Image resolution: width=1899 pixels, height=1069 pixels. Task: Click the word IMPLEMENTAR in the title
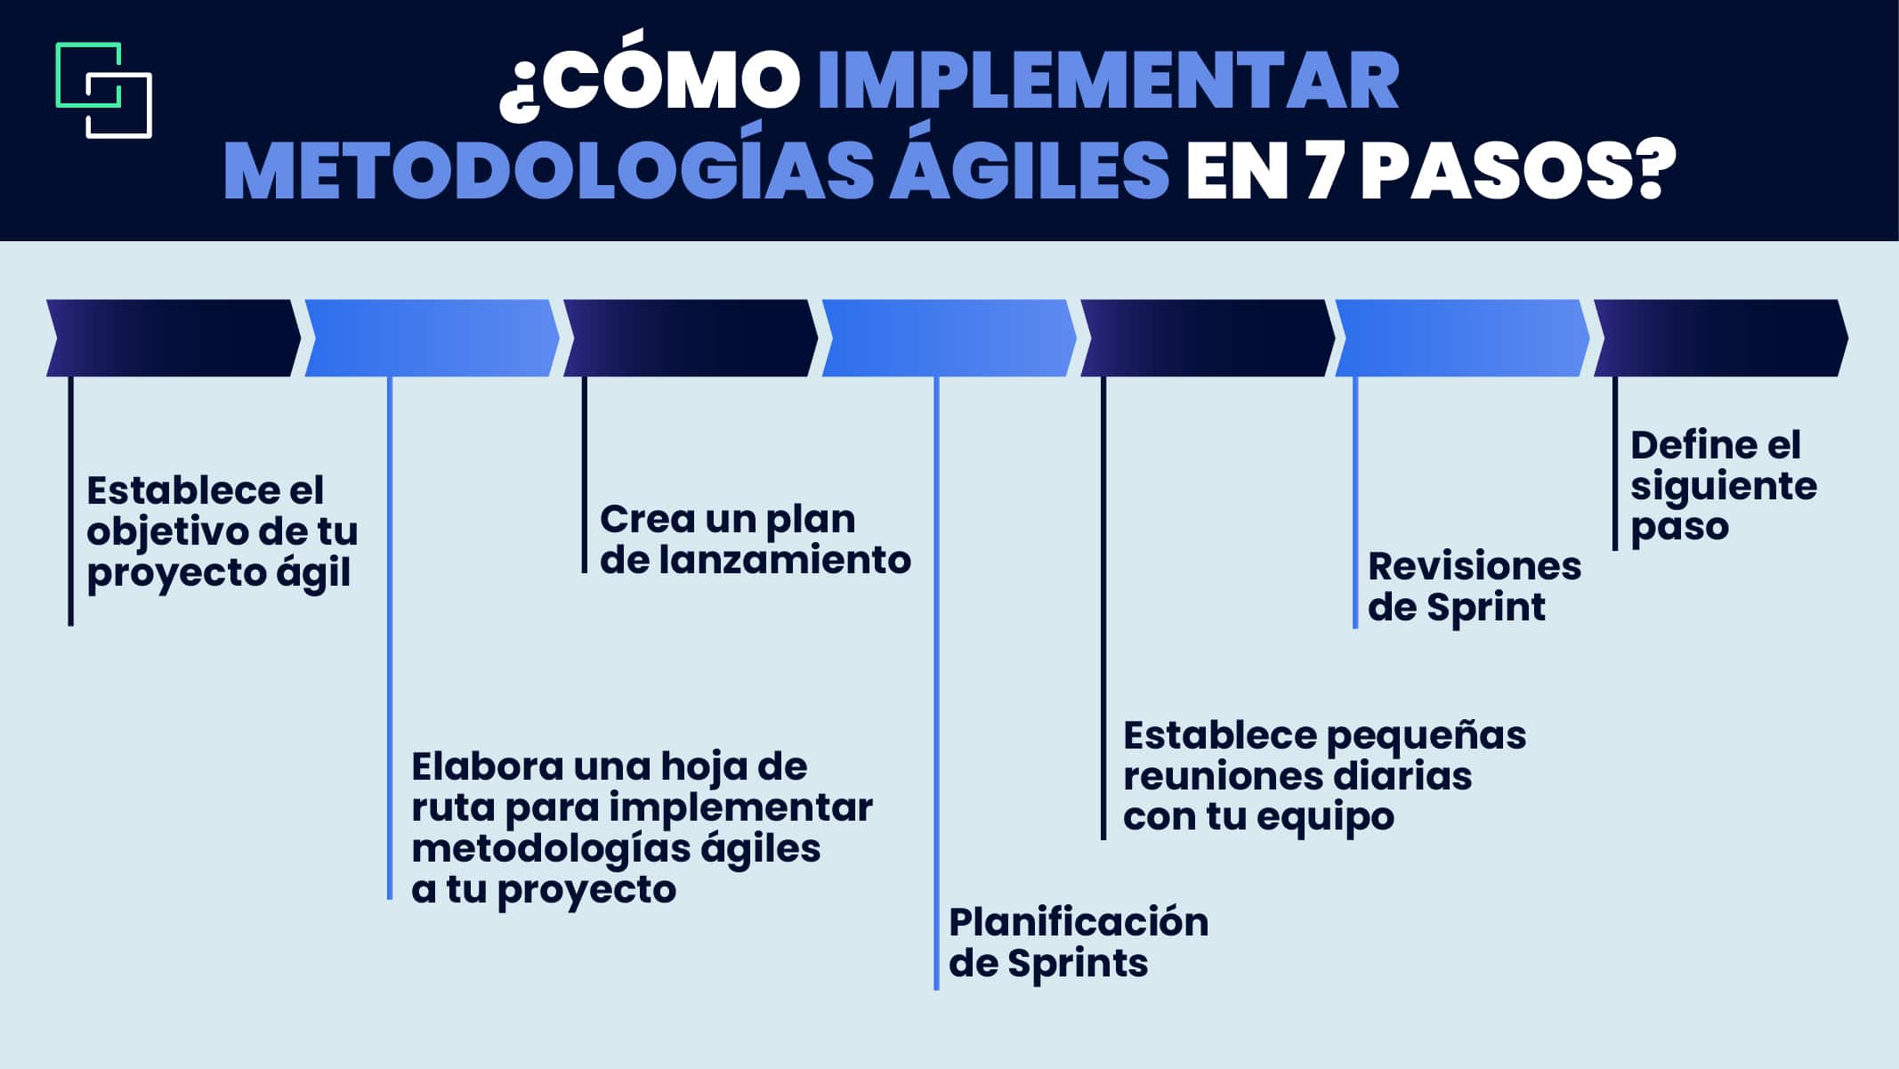pos(1108,83)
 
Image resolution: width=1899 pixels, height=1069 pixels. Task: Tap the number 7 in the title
pos(1322,171)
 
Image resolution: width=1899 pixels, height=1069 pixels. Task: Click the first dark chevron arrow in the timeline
pos(174,338)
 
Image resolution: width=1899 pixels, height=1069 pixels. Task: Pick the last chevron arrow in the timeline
pos(1720,338)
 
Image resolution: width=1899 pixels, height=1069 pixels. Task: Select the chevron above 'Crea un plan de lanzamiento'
pos(691,338)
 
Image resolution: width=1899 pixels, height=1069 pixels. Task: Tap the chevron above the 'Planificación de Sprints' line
pos(949,338)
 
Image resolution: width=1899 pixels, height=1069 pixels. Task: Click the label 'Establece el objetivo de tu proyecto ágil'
pos(222,532)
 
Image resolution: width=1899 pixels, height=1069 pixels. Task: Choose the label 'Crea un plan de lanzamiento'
pos(756,539)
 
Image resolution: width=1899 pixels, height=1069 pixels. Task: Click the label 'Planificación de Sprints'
pos(1079,942)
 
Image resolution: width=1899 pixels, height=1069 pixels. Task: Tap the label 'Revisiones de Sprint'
pos(1475,587)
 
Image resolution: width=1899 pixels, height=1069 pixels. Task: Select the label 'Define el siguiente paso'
pos(1724,486)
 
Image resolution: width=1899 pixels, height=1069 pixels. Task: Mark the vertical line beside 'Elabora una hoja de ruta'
pos(390,637)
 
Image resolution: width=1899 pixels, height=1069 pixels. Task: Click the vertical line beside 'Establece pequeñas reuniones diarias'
pos(1103,608)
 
